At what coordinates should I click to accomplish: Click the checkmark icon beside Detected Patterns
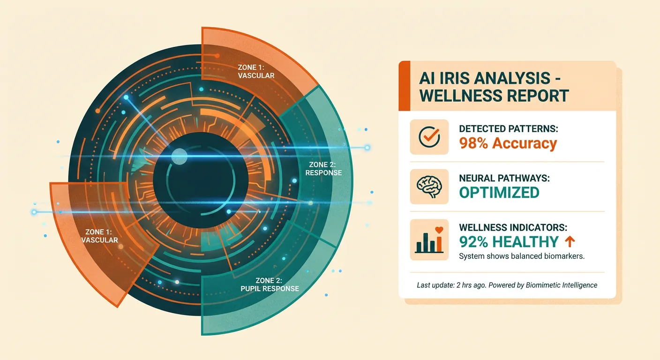429,136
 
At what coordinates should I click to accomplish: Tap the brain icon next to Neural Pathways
429,186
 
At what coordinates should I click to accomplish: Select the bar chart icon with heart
429,240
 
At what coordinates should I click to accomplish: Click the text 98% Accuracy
508,143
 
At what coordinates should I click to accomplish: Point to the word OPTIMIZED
499,192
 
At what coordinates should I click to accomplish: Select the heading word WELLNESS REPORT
494,95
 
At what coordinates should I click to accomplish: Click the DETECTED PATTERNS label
509,128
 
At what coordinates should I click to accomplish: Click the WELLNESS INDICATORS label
513,227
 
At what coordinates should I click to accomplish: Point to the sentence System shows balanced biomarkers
521,256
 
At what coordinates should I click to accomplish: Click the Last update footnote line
507,285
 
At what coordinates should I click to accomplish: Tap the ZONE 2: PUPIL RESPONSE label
270,285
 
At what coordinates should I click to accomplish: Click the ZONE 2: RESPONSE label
323,169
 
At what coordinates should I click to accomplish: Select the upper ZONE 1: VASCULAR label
256,71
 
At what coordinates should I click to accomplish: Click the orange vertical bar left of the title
401,86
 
